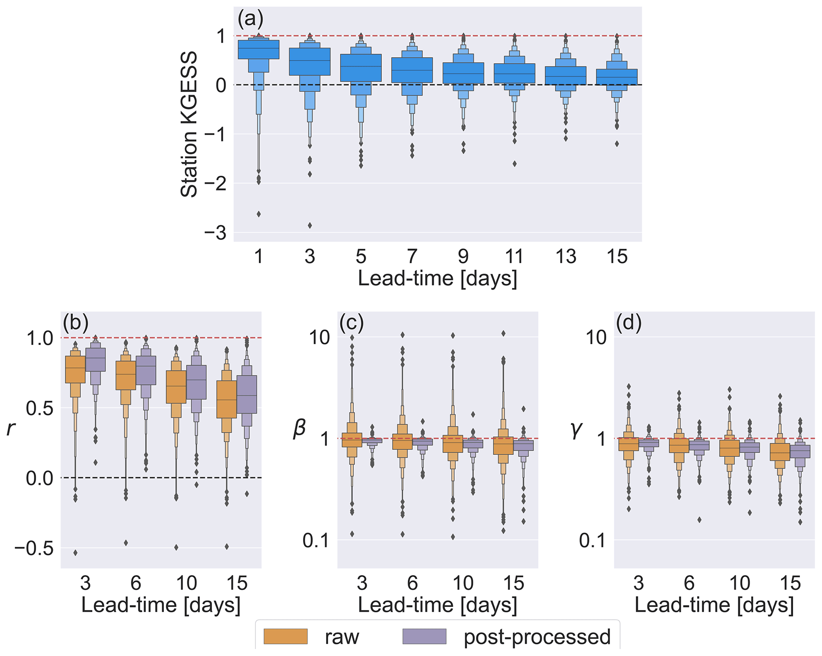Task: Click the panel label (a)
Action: coord(250,18)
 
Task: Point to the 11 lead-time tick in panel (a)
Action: coord(514,256)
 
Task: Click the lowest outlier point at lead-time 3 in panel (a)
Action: coord(310,225)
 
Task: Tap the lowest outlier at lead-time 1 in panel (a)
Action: coord(258,214)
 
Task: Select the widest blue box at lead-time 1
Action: coord(258,49)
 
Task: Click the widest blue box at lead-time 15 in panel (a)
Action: coord(617,77)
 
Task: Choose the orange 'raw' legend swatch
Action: coord(286,636)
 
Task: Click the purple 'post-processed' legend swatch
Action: coord(424,636)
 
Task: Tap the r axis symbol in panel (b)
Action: coord(10,429)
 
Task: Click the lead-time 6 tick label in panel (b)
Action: coord(136,583)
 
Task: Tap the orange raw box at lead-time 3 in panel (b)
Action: coord(75,369)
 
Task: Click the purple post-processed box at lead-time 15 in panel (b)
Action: coord(247,394)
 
